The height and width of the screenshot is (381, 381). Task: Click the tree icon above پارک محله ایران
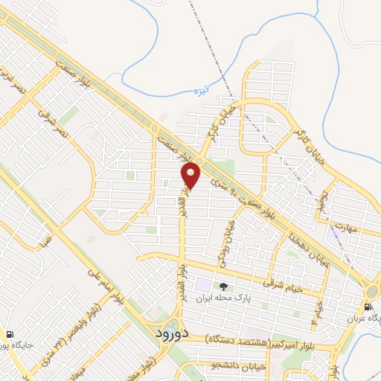pyautogui.click(x=221, y=286)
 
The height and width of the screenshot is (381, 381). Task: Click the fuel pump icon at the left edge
pyautogui.click(x=10, y=335)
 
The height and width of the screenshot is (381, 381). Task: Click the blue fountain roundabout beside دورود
pyautogui.click(x=171, y=327)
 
